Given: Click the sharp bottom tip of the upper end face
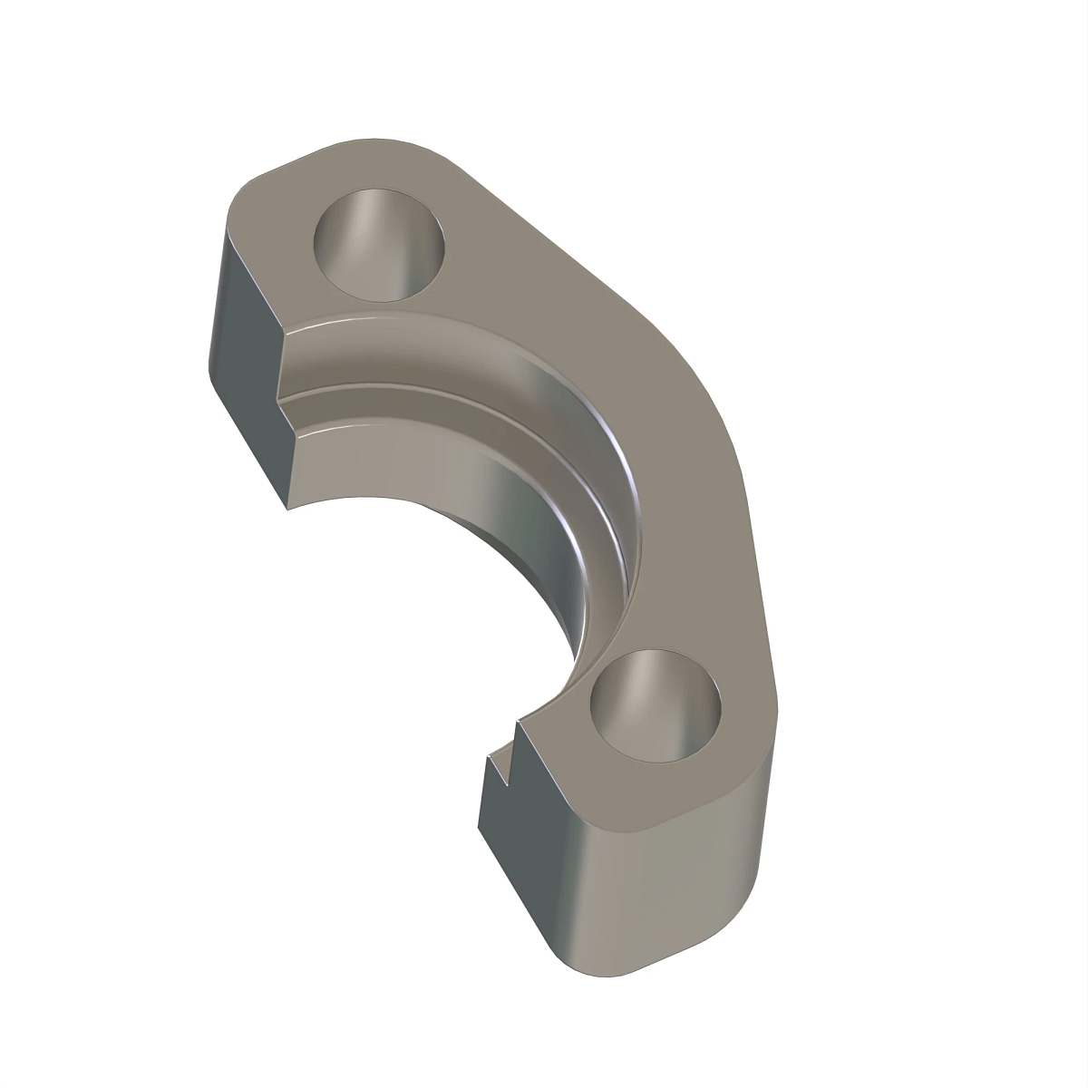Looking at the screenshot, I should pos(287,508).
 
